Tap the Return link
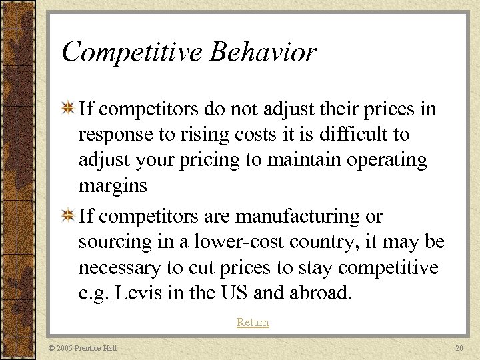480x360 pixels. click(x=253, y=323)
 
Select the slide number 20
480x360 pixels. click(x=459, y=348)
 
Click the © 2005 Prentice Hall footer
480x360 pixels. click(x=83, y=348)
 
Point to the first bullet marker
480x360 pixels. click(x=67, y=109)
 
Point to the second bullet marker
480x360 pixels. click(x=67, y=217)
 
